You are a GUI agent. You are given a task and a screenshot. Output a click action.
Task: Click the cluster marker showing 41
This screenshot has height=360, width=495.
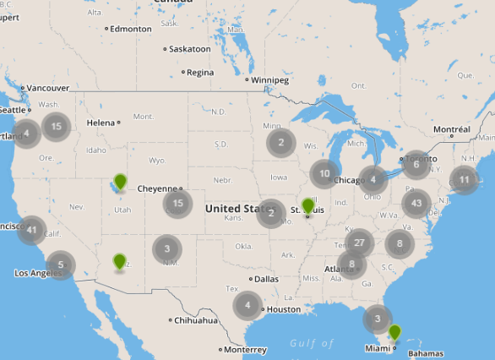coord(32,229)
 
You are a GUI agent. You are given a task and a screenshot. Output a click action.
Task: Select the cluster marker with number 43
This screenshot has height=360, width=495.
coord(416,203)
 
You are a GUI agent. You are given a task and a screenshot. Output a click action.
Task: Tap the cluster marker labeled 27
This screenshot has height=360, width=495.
coord(359,243)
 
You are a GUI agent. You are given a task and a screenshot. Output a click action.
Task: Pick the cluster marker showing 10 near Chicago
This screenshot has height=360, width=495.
coord(324,173)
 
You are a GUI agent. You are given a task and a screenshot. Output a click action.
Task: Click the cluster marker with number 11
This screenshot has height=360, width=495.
coord(464,179)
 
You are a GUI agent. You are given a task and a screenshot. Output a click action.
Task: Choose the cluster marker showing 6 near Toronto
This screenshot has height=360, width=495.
coord(416,165)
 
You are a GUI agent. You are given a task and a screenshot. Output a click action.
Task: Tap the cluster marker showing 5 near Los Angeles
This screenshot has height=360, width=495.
coord(60,265)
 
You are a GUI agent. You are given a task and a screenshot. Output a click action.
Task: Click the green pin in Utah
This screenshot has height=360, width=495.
coord(121,182)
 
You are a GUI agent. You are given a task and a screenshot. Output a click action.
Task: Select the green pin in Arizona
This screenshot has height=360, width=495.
coord(119,261)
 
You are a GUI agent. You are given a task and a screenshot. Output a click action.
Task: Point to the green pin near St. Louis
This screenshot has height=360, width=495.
coord(307,206)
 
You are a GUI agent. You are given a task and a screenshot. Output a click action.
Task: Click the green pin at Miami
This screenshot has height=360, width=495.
coord(394,332)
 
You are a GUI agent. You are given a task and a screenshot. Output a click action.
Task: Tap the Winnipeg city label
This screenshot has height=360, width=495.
coord(270,80)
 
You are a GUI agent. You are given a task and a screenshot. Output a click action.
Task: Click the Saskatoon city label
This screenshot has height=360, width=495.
coord(190,49)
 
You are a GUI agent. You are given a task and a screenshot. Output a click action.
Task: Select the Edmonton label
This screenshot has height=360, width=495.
coord(130,28)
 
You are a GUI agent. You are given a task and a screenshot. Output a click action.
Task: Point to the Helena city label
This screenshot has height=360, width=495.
coord(100,123)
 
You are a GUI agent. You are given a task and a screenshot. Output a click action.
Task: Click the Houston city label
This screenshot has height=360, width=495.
coord(283,309)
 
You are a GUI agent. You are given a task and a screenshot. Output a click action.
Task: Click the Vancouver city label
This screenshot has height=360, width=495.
coord(47,88)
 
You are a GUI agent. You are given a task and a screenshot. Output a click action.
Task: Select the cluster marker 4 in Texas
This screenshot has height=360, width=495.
coord(247,305)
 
